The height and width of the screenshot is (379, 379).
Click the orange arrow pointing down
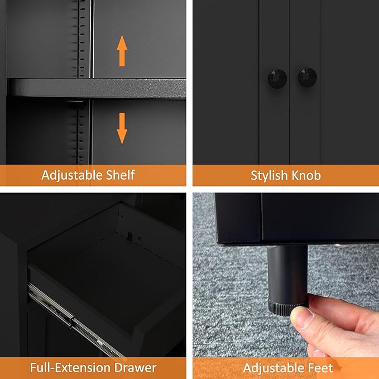pos(122,128)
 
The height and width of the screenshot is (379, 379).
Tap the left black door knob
pos(277,76)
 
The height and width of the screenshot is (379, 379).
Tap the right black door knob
pos(307,76)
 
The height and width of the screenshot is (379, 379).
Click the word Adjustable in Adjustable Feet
pos(272,368)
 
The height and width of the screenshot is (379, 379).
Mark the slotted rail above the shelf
pos(83,39)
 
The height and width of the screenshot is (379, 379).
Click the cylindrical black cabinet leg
pos(287,274)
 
